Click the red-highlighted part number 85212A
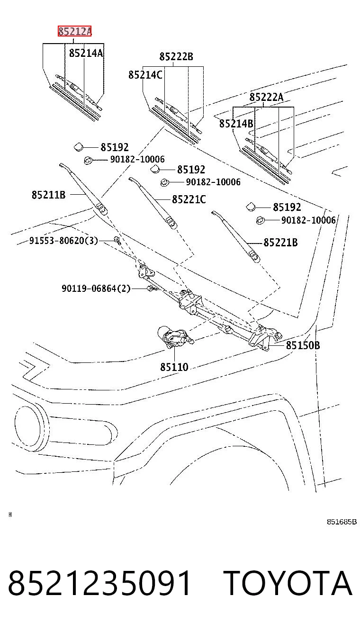75,31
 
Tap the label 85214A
86,53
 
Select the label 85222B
176,56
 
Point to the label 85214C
145,75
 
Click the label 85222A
266,97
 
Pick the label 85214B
236,124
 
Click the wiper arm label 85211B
48,195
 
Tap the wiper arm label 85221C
189,199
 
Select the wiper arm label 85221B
281,243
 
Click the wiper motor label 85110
174,367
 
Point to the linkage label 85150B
303,345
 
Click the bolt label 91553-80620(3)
64,240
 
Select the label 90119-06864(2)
96,289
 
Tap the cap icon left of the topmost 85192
78,147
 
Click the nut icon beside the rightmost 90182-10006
260,220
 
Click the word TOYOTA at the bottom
288,583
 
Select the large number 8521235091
99,583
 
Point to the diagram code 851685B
342,522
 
